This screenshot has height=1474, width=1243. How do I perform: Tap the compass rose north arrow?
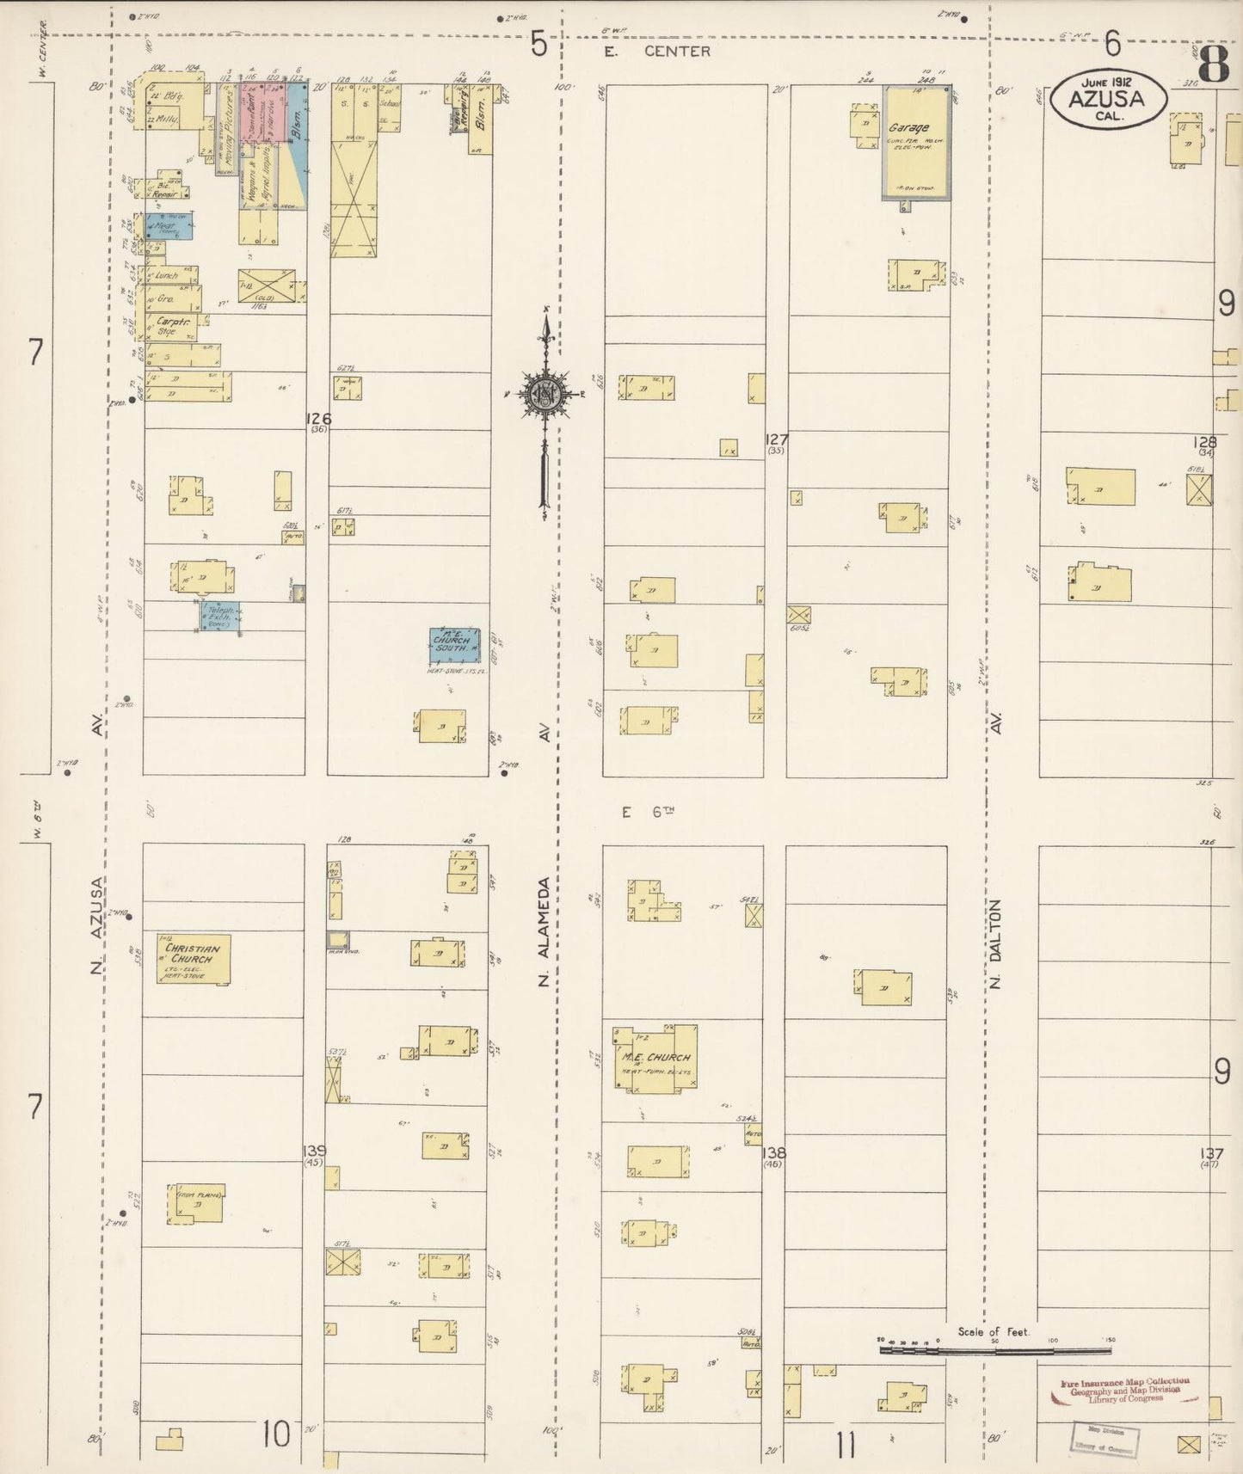(545, 395)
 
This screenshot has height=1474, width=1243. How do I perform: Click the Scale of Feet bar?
(994, 1351)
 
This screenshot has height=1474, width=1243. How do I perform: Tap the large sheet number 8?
(1213, 64)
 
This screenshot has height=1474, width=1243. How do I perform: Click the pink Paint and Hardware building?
(250, 115)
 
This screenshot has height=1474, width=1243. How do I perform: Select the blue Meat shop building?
(169, 226)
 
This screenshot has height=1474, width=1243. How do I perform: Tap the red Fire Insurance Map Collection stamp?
(1125, 1391)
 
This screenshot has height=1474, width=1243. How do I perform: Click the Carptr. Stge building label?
(169, 328)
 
